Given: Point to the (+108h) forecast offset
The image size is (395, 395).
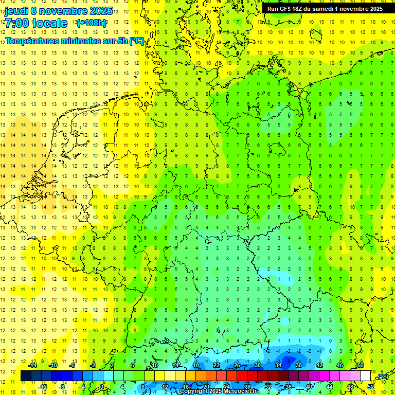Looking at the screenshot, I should (92, 23).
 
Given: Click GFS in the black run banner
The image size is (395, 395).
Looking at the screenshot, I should (286, 9).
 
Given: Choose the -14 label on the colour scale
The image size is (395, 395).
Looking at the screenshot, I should (32, 365).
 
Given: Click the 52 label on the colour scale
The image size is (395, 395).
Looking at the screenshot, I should (371, 387).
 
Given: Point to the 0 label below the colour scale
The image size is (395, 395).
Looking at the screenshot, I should (102, 387).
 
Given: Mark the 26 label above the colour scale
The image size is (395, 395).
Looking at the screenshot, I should (237, 365).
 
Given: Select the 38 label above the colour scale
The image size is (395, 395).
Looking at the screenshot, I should (299, 365).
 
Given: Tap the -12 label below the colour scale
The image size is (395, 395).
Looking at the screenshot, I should (43, 387).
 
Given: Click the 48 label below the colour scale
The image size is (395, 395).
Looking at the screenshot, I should (350, 387).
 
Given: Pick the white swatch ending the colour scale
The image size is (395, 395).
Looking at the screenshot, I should (365, 376).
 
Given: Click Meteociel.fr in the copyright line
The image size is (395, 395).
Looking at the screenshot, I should (241, 391).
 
